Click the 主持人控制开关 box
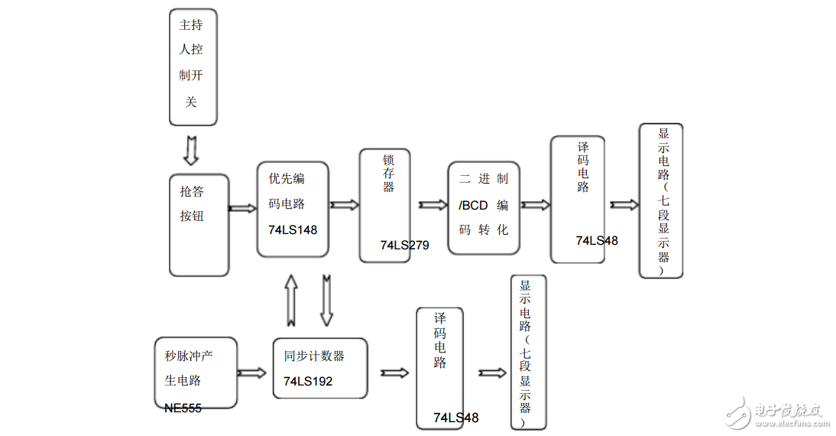(x=193, y=67)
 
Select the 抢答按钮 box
(x=199, y=225)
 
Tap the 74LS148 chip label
(x=293, y=230)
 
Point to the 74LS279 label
(x=404, y=246)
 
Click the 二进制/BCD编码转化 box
(x=483, y=208)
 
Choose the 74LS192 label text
(x=308, y=381)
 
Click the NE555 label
(x=183, y=408)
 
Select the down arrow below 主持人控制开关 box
(x=191, y=151)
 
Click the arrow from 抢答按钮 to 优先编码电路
(x=243, y=208)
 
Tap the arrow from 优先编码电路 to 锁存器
(x=344, y=205)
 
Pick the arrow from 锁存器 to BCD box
(x=433, y=205)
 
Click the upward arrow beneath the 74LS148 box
(x=291, y=300)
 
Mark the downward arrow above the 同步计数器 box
(x=326, y=300)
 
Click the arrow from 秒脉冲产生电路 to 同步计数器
(x=252, y=373)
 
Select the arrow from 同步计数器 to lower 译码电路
(x=394, y=373)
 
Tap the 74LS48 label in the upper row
(x=597, y=241)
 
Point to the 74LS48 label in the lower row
(x=455, y=418)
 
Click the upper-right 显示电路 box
(x=661, y=201)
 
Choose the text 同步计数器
(x=314, y=356)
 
